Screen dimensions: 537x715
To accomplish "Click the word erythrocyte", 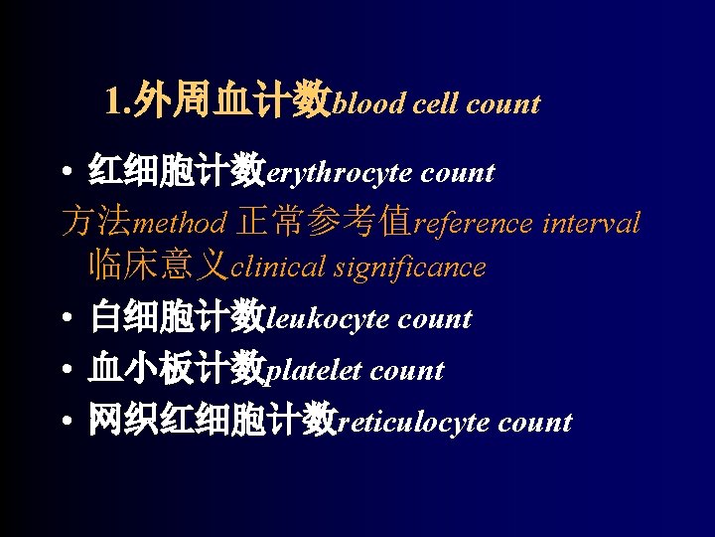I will tap(340, 174).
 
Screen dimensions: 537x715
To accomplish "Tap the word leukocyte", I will tap(328, 320).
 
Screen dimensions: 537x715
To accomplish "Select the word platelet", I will tap(315, 372).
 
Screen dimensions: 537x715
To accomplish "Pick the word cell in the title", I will tap(434, 103).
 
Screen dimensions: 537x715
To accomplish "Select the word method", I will tap(180, 223).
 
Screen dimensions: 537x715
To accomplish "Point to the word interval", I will tap(592, 223).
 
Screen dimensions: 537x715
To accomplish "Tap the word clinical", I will tap(278, 268).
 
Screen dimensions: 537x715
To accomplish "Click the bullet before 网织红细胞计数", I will tap(64, 423).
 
